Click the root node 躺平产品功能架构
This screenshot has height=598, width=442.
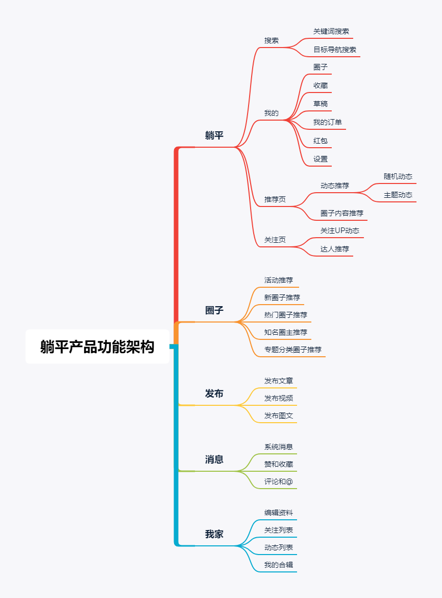click(x=97, y=347)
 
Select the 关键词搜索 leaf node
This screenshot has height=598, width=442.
click(x=331, y=32)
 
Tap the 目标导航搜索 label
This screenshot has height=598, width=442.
click(x=335, y=50)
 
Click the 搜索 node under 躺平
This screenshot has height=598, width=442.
click(x=272, y=41)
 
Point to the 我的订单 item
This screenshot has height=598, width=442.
click(x=328, y=123)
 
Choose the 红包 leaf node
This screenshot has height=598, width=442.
click(x=321, y=141)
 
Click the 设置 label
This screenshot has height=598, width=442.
click(x=321, y=159)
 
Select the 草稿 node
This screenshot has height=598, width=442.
click(x=321, y=104)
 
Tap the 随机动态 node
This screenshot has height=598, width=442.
click(x=398, y=177)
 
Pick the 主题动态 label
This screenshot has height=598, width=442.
click(x=398, y=195)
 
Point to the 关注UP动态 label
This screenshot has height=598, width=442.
click(x=340, y=231)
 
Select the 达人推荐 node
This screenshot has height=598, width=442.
click(x=335, y=249)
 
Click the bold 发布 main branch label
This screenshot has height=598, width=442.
click(x=214, y=394)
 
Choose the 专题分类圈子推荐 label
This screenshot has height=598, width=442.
click(x=293, y=350)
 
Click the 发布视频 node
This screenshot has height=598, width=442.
click(x=279, y=399)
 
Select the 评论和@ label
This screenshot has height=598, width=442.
click(x=279, y=482)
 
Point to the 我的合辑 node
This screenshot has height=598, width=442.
click(x=279, y=565)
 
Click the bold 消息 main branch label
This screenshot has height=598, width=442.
click(x=214, y=459)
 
